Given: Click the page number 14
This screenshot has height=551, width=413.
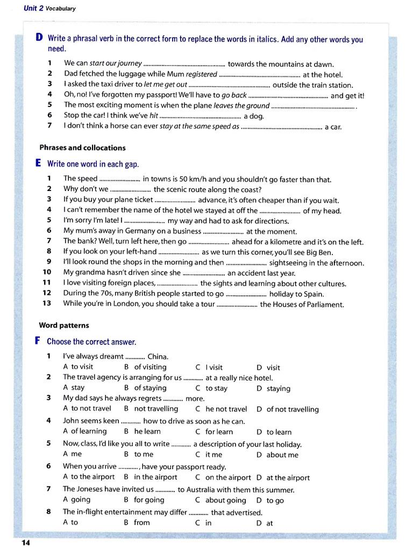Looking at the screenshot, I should point(25,542).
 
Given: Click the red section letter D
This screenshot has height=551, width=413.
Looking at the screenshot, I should point(39,38).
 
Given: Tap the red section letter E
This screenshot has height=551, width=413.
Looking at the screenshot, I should point(38,163).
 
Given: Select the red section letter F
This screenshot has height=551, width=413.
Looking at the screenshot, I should point(38,341).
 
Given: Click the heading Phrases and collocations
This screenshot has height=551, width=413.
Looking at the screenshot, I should point(82,147).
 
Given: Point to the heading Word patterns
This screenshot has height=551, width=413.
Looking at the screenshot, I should point(64,325).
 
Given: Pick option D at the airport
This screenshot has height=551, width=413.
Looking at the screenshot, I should point(283,477).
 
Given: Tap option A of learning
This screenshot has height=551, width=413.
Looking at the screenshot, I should point(85,431).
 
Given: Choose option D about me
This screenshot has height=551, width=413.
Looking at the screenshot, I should point(277,455).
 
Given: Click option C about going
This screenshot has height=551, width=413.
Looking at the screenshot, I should point(220,500).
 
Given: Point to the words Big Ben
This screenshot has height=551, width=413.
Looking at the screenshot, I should point(319,252).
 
